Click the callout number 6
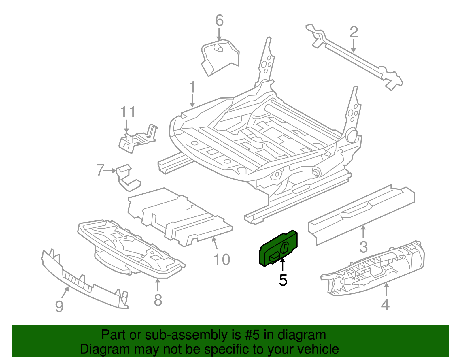coord(219,21)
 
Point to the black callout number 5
coord(283,280)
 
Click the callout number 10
coord(222,259)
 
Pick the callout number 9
coord(59,306)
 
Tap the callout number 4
coord(385,304)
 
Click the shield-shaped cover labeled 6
coord(220,58)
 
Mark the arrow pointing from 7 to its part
coord(109,171)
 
